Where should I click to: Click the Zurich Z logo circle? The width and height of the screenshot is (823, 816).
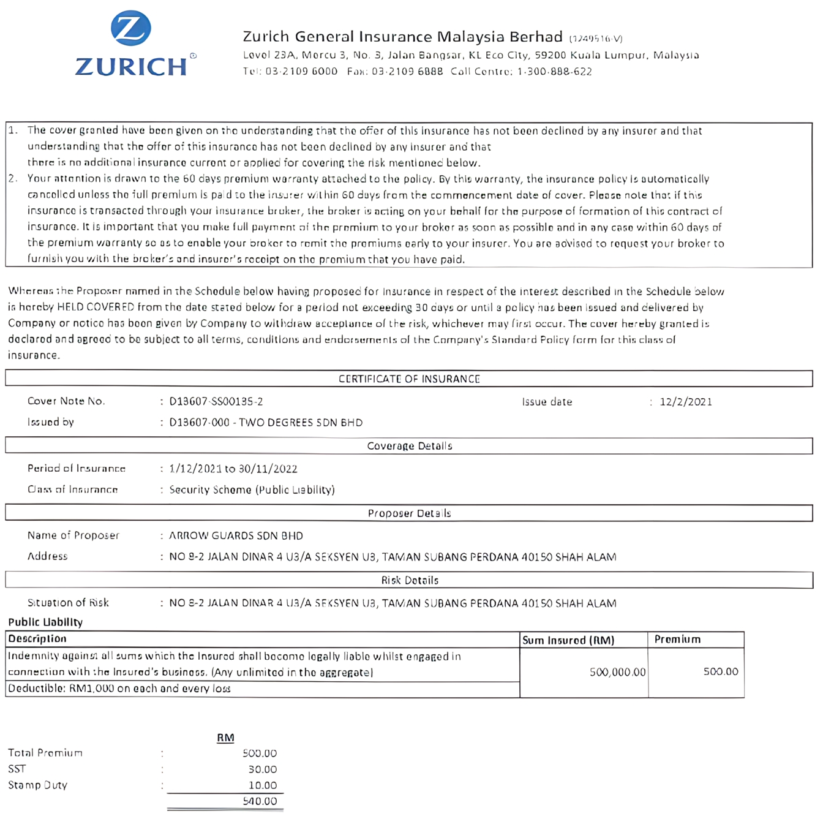point(131,28)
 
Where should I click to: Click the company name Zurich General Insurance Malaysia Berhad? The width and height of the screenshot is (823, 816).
point(402,37)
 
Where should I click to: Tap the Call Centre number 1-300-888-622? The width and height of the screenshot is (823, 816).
point(554,72)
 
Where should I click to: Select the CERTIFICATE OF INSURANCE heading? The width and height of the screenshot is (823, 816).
point(409,379)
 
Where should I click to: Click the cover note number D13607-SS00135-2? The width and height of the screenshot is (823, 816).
point(216,402)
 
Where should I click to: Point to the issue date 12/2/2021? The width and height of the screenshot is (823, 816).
point(686,402)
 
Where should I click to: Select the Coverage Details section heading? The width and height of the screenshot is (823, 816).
point(409,446)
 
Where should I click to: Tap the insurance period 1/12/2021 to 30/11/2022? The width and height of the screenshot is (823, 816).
point(233,469)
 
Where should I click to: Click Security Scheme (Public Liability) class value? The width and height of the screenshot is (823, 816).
point(252,490)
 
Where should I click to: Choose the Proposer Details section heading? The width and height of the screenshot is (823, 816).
point(409,513)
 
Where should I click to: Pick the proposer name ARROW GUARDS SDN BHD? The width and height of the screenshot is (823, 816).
point(236,536)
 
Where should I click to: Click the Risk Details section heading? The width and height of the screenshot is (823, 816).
point(409,580)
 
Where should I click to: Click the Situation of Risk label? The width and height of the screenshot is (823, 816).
point(68,603)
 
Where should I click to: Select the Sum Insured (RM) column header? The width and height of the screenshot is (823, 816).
point(568,640)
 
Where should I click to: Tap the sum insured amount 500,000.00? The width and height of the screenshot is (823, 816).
point(617,672)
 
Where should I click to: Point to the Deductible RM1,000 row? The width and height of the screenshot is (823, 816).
point(119,689)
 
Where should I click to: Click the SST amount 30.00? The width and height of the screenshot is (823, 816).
point(262,769)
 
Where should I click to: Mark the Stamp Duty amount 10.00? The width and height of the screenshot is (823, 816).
point(262,785)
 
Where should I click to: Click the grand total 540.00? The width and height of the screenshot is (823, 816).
point(260,801)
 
